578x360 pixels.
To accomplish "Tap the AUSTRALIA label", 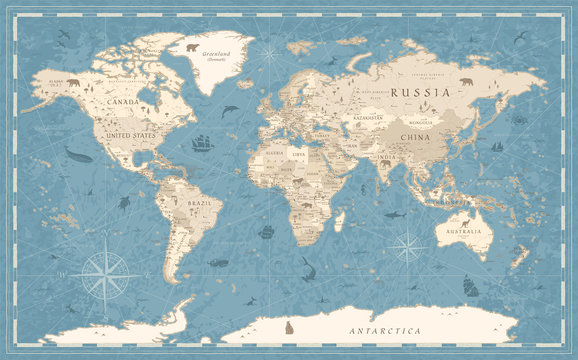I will point(464,232).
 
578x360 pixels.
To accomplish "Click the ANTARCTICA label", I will point(384,329).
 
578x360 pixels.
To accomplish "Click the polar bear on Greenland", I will point(192,46).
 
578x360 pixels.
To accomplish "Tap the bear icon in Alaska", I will point(72,83).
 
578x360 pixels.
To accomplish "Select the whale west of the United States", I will point(77,154).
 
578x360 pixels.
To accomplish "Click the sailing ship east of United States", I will point(203,143).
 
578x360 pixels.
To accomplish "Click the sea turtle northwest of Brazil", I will point(124,203).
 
